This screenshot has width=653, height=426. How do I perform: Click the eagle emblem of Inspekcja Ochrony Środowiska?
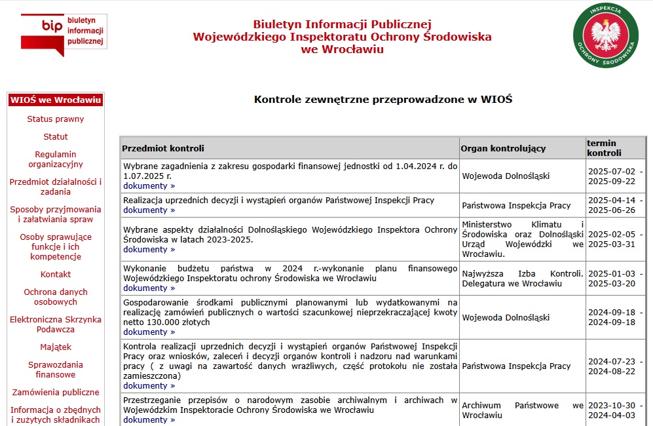pos(605,34)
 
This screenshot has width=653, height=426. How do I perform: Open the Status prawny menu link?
pos(56,119)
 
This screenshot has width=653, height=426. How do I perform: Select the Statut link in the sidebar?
pos(56,137)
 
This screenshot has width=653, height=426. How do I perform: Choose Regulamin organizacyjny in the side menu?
pos(56,159)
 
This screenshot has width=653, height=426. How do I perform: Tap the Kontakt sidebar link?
pos(56,275)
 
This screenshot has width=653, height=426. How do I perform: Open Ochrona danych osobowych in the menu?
pos(56,297)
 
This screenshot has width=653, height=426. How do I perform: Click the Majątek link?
pos(56,347)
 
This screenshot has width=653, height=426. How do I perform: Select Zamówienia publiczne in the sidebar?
pos(56,393)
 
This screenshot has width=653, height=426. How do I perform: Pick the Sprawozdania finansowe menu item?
pos(56,370)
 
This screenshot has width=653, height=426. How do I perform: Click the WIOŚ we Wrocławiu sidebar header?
pos(56,100)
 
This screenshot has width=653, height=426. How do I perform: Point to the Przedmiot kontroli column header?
pos(163,148)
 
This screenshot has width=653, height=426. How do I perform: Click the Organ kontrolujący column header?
pos(503,148)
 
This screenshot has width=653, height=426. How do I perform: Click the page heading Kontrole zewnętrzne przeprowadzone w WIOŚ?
pos(382,100)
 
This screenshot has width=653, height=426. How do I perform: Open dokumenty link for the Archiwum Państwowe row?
pos(149,420)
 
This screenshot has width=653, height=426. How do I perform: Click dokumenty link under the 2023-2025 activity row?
pos(149,250)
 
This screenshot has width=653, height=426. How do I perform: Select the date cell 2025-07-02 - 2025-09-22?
pos(612,176)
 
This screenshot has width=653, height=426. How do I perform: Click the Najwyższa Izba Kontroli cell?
pos(522,279)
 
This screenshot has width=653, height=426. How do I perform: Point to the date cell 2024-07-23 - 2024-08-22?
pos(612,366)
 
